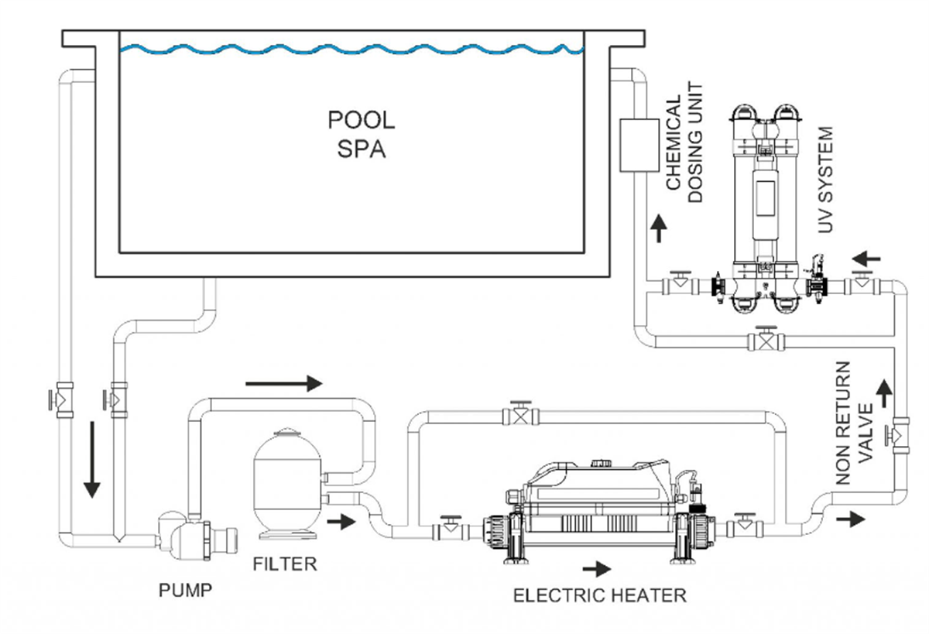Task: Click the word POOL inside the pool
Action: coord(362,121)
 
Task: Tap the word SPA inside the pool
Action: coord(362,149)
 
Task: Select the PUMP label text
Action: coord(185,591)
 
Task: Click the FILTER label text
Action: coord(285,564)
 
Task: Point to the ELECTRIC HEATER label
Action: coord(600,595)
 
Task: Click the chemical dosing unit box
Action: coord(637,145)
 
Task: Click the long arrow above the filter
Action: coord(282,382)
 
